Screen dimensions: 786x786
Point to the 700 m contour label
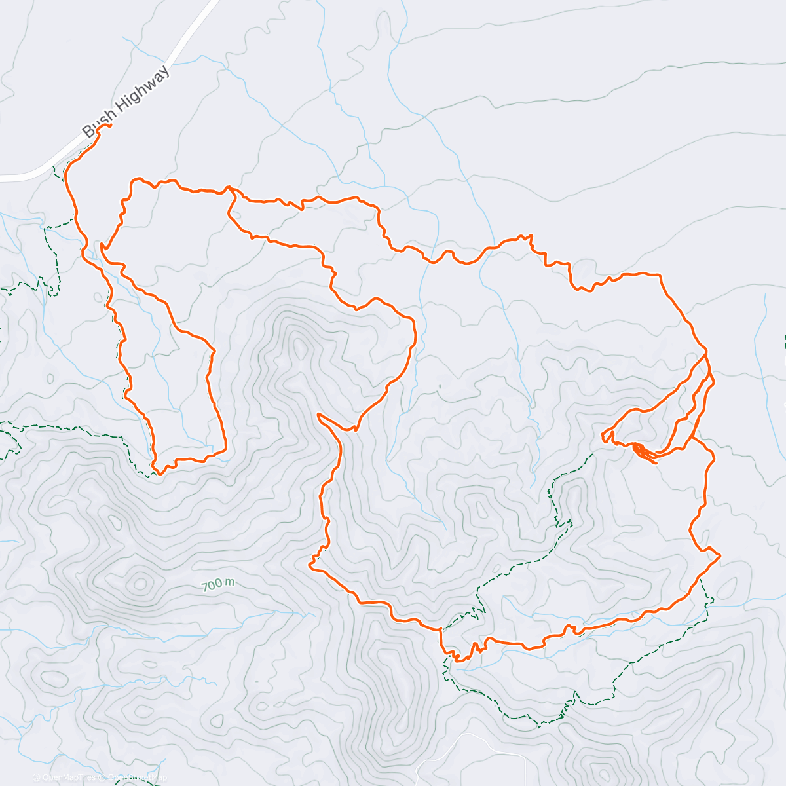click(217, 584)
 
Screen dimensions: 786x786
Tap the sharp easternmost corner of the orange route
click(720, 555)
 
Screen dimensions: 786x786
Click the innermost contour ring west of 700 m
click(140, 582)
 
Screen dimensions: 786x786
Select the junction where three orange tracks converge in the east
click(706, 354)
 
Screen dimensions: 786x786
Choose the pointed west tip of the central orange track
click(318, 414)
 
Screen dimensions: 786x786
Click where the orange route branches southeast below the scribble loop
click(693, 438)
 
